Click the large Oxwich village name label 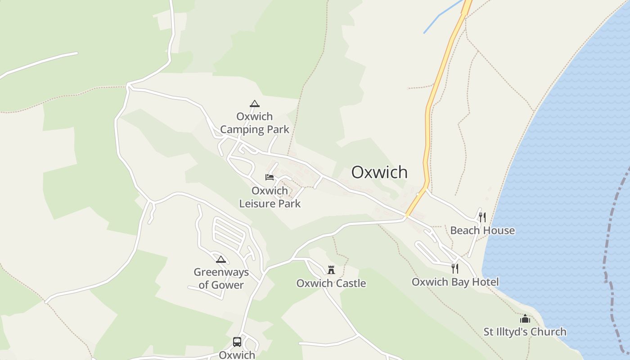click(x=379, y=172)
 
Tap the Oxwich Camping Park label click(x=255, y=123)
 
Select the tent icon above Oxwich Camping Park click(x=255, y=103)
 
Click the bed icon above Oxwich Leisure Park click(x=270, y=177)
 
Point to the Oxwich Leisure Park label click(x=270, y=197)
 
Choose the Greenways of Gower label click(x=221, y=279)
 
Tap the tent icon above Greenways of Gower click(x=220, y=259)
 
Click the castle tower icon click(x=331, y=270)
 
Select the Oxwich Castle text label click(x=331, y=283)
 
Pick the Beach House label click(x=482, y=230)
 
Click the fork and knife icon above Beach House click(x=482, y=217)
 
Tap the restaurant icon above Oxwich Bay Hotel click(x=455, y=269)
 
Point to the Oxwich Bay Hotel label click(x=455, y=282)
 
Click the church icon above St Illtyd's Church click(x=525, y=319)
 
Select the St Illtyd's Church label click(x=525, y=332)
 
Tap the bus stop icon click(x=237, y=342)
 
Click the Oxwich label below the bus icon click(x=237, y=355)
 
